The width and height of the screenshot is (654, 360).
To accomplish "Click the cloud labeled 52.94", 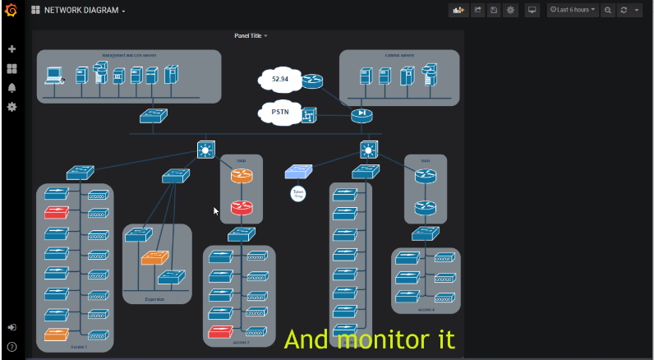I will (279, 80).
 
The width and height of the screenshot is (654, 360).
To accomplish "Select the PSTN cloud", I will (280, 113).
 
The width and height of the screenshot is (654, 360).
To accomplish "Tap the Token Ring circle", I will (297, 194).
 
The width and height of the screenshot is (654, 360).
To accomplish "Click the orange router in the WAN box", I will (241, 176).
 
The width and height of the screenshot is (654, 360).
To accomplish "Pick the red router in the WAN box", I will (241, 207).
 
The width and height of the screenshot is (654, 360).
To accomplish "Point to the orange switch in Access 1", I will (57, 335).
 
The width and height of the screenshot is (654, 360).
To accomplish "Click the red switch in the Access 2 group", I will (220, 332).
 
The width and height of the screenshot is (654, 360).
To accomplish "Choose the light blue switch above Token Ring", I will (297, 171).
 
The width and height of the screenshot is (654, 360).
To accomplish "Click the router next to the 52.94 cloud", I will (312, 81).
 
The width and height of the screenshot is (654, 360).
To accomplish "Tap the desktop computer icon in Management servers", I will (54, 76).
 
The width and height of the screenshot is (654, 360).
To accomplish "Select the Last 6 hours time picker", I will (573, 10).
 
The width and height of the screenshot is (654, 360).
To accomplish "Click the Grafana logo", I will (12, 11).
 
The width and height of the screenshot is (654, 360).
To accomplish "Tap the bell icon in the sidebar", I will (12, 88).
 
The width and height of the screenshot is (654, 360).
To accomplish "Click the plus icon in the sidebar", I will (12, 49).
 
